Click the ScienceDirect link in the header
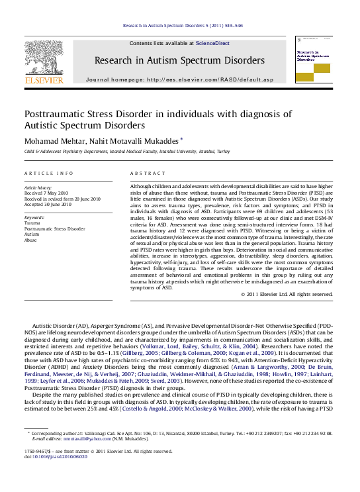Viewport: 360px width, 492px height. pyautogui.click(x=212, y=43)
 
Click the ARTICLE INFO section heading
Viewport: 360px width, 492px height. pyautogui.click(x=49, y=173)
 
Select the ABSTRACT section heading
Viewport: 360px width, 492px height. pyautogui.click(x=147, y=173)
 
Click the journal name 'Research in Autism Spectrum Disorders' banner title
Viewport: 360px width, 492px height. pyautogui.click(x=179, y=60)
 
